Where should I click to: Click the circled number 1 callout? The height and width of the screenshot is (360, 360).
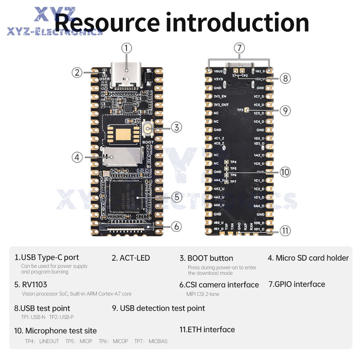pyautogui.click(x=126, y=48)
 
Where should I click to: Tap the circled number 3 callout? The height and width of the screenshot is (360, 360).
pyautogui.click(x=176, y=127)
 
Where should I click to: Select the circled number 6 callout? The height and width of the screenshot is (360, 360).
pyautogui.click(x=176, y=226)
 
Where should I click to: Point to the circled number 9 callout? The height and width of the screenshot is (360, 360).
pyautogui.click(x=285, y=111)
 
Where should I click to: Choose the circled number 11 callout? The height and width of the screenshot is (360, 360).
pyautogui.click(x=285, y=231)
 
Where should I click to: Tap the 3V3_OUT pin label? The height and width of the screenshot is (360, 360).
pyautogui.click(x=221, y=105)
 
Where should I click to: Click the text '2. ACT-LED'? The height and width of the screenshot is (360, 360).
pyautogui.click(x=131, y=258)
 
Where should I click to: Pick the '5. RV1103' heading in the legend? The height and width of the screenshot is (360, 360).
pyautogui.click(x=31, y=284)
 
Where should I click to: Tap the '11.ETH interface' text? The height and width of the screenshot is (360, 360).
pyautogui.click(x=207, y=329)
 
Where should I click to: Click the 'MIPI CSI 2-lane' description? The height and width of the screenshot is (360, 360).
pyautogui.click(x=203, y=294)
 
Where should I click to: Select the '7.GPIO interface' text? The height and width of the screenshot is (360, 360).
pyautogui.click(x=297, y=284)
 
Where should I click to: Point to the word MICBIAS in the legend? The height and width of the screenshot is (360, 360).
pyautogui.click(x=158, y=341)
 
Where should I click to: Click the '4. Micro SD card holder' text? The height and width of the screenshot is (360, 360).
pyautogui.click(x=308, y=258)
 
